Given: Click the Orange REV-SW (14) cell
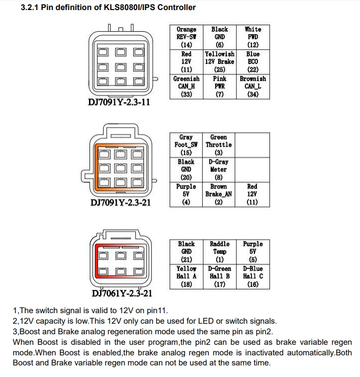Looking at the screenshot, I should point(186,37).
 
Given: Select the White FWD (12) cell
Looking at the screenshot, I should point(253,37).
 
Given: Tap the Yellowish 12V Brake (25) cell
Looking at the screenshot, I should point(219,61).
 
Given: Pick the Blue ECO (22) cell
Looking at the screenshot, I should point(253,61).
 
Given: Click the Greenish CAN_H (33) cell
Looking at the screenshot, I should point(186,86).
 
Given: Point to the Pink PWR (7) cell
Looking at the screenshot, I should point(219,86).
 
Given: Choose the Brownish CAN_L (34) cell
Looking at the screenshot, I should point(253,86).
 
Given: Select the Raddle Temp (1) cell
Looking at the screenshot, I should point(220,251).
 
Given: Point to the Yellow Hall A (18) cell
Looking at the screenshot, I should point(186,276).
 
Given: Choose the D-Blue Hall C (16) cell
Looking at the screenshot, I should point(253,276).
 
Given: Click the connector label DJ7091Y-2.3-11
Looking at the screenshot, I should point(119,103).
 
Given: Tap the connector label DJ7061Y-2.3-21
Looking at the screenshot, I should point(122,293).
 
